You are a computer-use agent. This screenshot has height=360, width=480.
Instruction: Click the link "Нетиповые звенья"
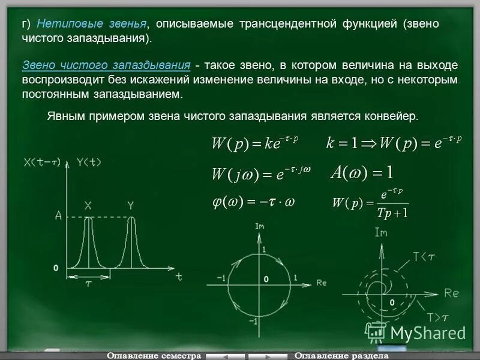(92, 24)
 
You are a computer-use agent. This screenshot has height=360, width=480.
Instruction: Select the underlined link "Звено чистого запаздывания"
(106, 65)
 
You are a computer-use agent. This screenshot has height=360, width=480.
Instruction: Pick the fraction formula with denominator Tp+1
(370, 203)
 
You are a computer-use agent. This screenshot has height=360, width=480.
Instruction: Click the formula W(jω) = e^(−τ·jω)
(261, 173)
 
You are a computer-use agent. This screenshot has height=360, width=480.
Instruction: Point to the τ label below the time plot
(88, 284)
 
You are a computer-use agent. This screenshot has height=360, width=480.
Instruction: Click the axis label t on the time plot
(179, 277)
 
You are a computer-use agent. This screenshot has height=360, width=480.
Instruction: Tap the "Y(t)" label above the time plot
(89, 162)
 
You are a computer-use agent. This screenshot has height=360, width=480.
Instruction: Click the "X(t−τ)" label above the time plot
(43, 162)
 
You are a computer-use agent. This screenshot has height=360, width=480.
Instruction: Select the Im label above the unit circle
(260, 226)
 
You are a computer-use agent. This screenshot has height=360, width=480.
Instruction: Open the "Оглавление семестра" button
(153, 355)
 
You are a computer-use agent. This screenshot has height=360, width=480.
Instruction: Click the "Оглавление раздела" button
(340, 355)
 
